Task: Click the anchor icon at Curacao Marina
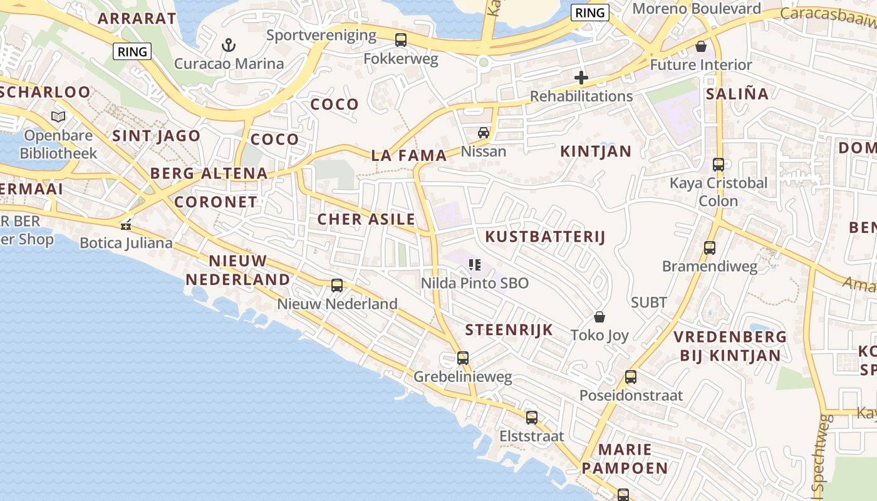click(x=229, y=45)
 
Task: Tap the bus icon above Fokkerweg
click(x=401, y=40)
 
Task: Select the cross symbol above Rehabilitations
click(x=581, y=78)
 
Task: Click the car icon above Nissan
click(x=484, y=133)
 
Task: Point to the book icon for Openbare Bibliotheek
click(x=58, y=116)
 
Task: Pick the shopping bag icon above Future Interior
click(x=701, y=46)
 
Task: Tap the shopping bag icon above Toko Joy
click(x=599, y=317)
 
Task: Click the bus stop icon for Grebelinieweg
click(x=463, y=358)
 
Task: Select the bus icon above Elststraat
click(x=532, y=417)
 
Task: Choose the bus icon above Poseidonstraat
click(x=631, y=377)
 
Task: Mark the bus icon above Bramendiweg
click(x=710, y=248)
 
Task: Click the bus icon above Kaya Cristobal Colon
click(x=719, y=165)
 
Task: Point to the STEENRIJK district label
click(x=509, y=330)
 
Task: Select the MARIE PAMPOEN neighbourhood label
click(x=625, y=459)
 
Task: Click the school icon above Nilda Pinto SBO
click(x=475, y=265)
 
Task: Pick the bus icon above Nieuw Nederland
click(x=337, y=286)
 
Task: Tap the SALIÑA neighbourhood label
click(x=737, y=94)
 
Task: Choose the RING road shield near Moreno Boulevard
click(x=590, y=13)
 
